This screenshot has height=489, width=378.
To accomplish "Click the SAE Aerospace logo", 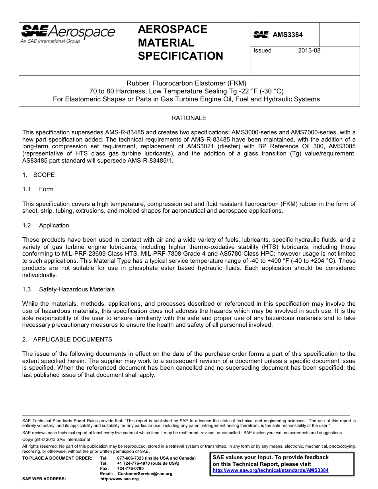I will (x=68, y=34).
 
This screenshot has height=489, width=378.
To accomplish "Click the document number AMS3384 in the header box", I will (x=287, y=35).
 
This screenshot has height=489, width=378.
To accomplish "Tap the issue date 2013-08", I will (x=309, y=50).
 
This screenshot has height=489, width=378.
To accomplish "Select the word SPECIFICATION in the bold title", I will (x=180, y=56).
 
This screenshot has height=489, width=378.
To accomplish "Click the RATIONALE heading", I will (x=189, y=118).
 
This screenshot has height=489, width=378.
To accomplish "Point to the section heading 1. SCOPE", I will (x=39, y=175).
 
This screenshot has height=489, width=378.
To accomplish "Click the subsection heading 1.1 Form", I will (x=38, y=189).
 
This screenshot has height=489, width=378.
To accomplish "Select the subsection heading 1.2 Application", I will (x=46, y=225).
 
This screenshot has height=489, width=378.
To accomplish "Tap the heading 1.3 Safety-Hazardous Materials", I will (x=68, y=289).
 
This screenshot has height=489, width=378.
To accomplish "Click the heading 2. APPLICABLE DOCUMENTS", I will (x=67, y=340).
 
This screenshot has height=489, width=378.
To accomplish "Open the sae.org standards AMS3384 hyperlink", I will (x=271, y=470).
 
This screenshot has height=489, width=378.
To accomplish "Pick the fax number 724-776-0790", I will (x=131, y=469).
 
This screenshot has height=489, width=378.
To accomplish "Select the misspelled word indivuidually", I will (x=39, y=275).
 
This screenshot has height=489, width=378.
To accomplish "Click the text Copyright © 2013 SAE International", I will (x=56, y=439).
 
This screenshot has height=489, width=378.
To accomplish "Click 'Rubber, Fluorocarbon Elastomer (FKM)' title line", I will (x=187, y=83).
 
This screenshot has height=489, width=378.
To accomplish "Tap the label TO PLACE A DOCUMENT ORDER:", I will (x=52, y=458).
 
